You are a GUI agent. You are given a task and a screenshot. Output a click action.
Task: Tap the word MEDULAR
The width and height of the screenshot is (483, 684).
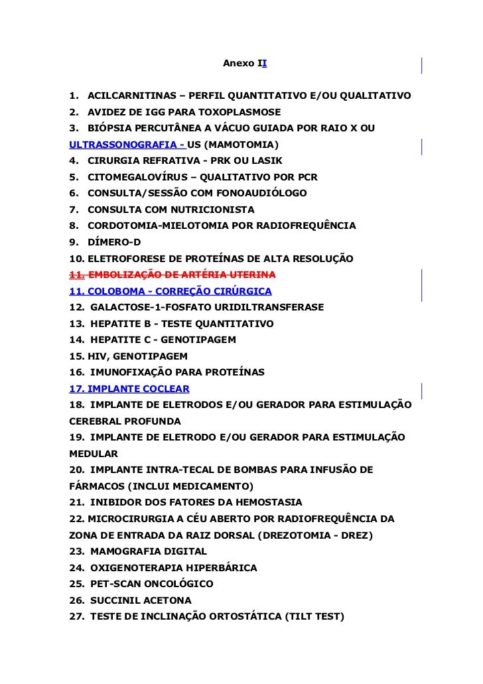tap(94, 454)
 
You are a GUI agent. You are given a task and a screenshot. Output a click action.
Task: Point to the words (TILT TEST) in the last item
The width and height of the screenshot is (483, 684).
tap(312, 616)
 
